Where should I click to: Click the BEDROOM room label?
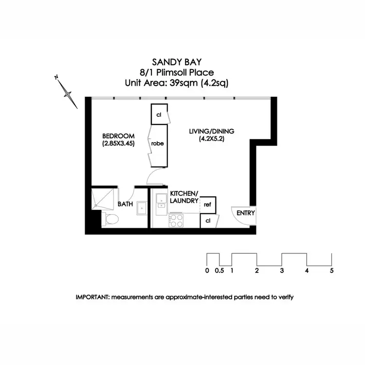117,136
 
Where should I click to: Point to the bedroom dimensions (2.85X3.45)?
118,144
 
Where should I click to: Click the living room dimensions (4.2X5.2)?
210,139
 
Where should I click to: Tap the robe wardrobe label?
157,144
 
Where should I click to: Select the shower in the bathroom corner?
103,198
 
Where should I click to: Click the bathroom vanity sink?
142,208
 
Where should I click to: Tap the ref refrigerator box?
207,205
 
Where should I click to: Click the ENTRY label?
246,213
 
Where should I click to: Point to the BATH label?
126,205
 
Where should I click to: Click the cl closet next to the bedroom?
159,115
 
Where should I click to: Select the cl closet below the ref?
208,221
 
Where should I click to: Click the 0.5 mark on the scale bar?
219,271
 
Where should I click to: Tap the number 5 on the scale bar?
331,271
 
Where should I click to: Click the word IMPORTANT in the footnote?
92,297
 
